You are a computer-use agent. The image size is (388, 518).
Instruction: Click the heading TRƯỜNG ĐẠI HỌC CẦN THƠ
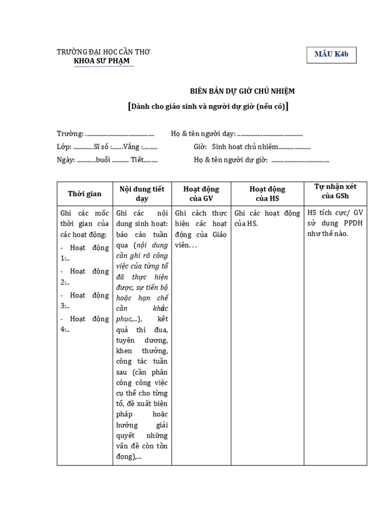coord(104,52)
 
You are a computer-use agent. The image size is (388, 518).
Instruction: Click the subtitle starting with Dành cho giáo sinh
coord(208,106)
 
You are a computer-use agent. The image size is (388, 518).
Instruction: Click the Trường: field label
coord(70,134)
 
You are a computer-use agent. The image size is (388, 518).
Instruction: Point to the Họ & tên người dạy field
coord(236,134)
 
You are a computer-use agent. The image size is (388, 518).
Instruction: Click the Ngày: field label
coord(66,160)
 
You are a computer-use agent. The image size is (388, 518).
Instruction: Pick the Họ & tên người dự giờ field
coord(261,160)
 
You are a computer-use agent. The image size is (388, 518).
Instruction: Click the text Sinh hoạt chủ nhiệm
coord(245,147)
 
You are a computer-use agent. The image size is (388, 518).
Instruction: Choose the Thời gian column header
coord(84,194)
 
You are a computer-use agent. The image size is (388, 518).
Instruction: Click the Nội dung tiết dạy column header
coord(142,194)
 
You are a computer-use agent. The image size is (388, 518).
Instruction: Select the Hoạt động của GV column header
coord(201,194)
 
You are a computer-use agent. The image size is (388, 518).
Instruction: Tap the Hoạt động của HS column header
coord(267,194)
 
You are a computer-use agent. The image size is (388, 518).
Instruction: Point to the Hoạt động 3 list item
coord(84,300)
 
